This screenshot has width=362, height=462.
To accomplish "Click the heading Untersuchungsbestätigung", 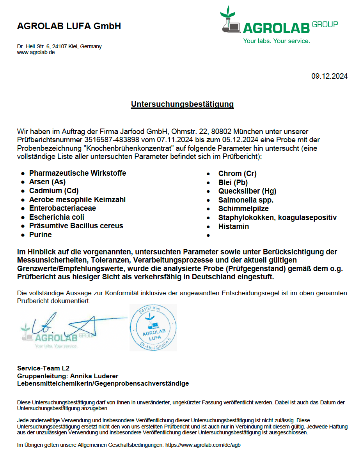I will click(x=182, y=104).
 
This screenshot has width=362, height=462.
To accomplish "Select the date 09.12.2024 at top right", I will click(x=329, y=76).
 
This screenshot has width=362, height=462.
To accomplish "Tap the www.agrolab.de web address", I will click(x=35, y=52).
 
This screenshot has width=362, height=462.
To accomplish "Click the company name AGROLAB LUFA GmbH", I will click(x=69, y=26).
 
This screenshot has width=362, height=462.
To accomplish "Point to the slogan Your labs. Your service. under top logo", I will click(x=276, y=41).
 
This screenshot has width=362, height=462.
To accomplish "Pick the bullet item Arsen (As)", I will click(x=47, y=182).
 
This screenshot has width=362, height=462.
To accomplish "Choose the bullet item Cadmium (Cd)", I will click(x=54, y=190).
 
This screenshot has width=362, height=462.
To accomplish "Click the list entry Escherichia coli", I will click(x=57, y=217).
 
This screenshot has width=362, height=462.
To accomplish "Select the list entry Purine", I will click(x=40, y=235).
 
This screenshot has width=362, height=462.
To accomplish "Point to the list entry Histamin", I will click(x=233, y=226).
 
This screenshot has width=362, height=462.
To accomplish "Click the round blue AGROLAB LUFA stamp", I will click(x=153, y=328).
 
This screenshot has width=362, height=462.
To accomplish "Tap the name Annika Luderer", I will click(x=94, y=376).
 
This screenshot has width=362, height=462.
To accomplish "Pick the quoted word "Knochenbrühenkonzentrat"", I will click(x=101, y=148).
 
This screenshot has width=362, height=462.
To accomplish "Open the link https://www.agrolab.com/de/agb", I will click(x=203, y=445).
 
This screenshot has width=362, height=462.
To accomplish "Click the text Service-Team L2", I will click(x=43, y=368).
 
